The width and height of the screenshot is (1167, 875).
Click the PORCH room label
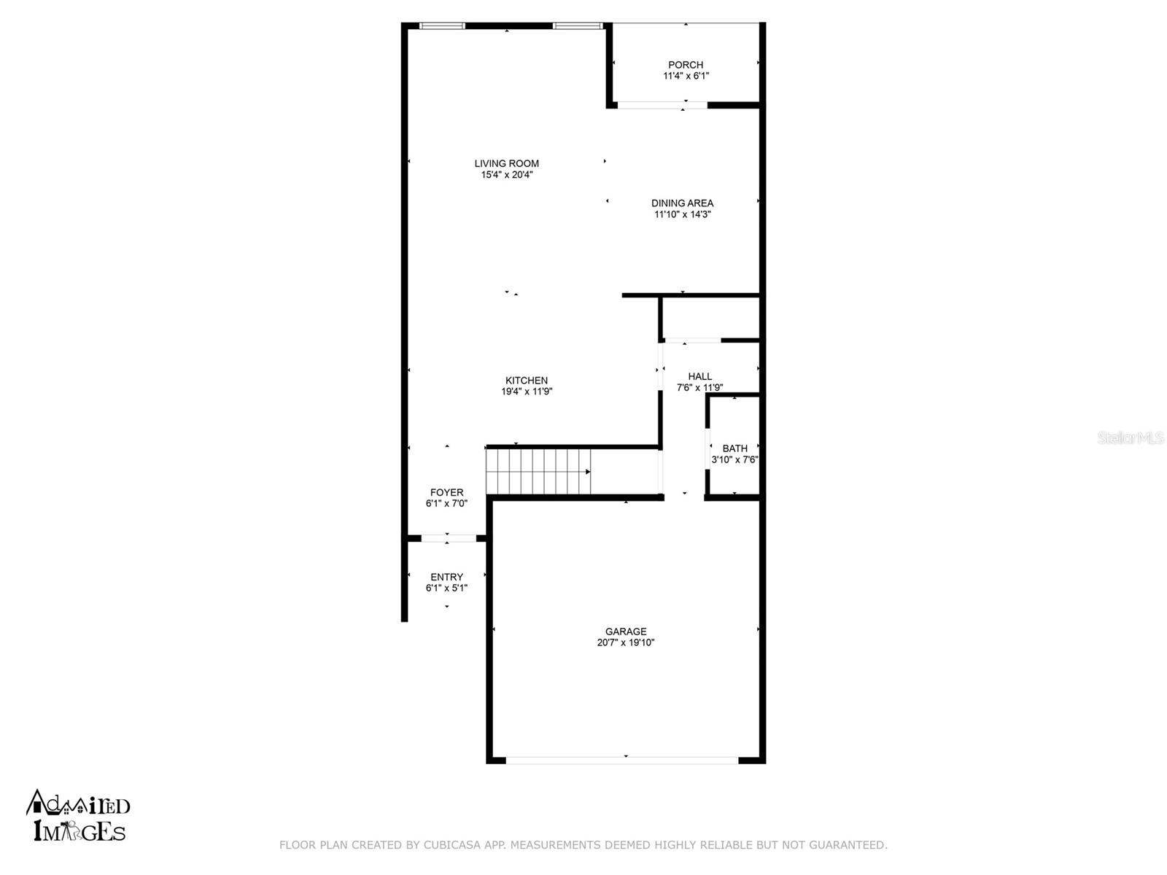686,65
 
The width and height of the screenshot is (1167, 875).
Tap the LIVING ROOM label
507,163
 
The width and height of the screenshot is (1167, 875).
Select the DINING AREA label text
682,203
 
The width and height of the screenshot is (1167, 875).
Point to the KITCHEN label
527,381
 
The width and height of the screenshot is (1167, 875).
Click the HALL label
699,376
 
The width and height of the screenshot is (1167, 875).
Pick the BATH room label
734,448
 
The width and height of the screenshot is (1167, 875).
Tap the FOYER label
446,492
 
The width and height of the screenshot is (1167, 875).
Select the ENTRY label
446,577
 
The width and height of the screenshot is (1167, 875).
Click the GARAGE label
626,631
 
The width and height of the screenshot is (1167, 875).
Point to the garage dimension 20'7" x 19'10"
626,643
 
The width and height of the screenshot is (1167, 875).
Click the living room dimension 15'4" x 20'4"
507,175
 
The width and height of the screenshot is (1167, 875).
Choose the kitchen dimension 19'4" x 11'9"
527,392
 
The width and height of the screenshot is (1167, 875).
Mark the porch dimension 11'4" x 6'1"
686,76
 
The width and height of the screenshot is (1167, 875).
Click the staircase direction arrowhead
588,472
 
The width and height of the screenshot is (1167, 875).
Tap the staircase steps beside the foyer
538,472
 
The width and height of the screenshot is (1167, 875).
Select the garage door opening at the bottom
621,761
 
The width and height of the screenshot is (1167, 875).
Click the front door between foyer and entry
448,538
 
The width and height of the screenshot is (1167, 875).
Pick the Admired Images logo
77,816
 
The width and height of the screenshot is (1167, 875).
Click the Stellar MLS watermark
1131,437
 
